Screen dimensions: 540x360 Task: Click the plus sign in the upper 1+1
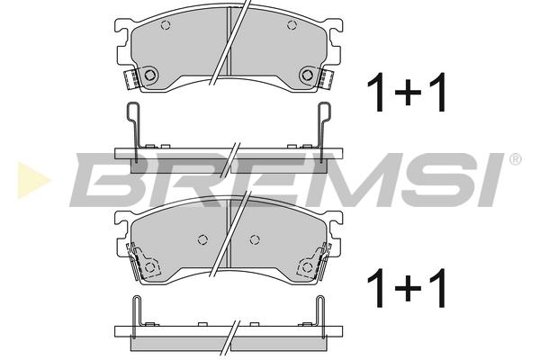pos(408,93)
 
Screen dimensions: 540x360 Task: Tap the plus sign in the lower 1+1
pos(408,288)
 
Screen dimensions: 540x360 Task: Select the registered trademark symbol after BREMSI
pos(515,159)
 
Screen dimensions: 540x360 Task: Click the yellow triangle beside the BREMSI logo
pos(33,180)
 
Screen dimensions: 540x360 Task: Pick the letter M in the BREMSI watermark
pos(351,180)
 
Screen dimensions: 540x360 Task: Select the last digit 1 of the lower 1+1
pos(437,288)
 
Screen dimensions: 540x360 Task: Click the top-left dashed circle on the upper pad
pos(166,25)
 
